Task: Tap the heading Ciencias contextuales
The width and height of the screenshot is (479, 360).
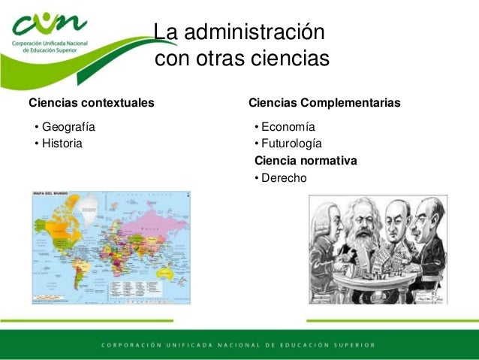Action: pos(92,102)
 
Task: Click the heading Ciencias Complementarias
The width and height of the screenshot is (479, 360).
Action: pos(324,102)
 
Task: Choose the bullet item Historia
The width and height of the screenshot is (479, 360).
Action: pos(62,143)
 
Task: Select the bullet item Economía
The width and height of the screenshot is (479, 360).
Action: pos(288,126)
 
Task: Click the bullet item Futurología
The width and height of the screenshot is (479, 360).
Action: pos(291,143)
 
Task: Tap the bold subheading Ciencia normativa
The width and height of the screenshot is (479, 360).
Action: pos(306,160)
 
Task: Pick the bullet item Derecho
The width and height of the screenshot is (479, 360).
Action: pos(284,177)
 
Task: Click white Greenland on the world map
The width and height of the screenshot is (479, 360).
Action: pos(90,204)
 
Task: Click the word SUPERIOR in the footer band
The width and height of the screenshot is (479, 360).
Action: pos(351,346)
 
